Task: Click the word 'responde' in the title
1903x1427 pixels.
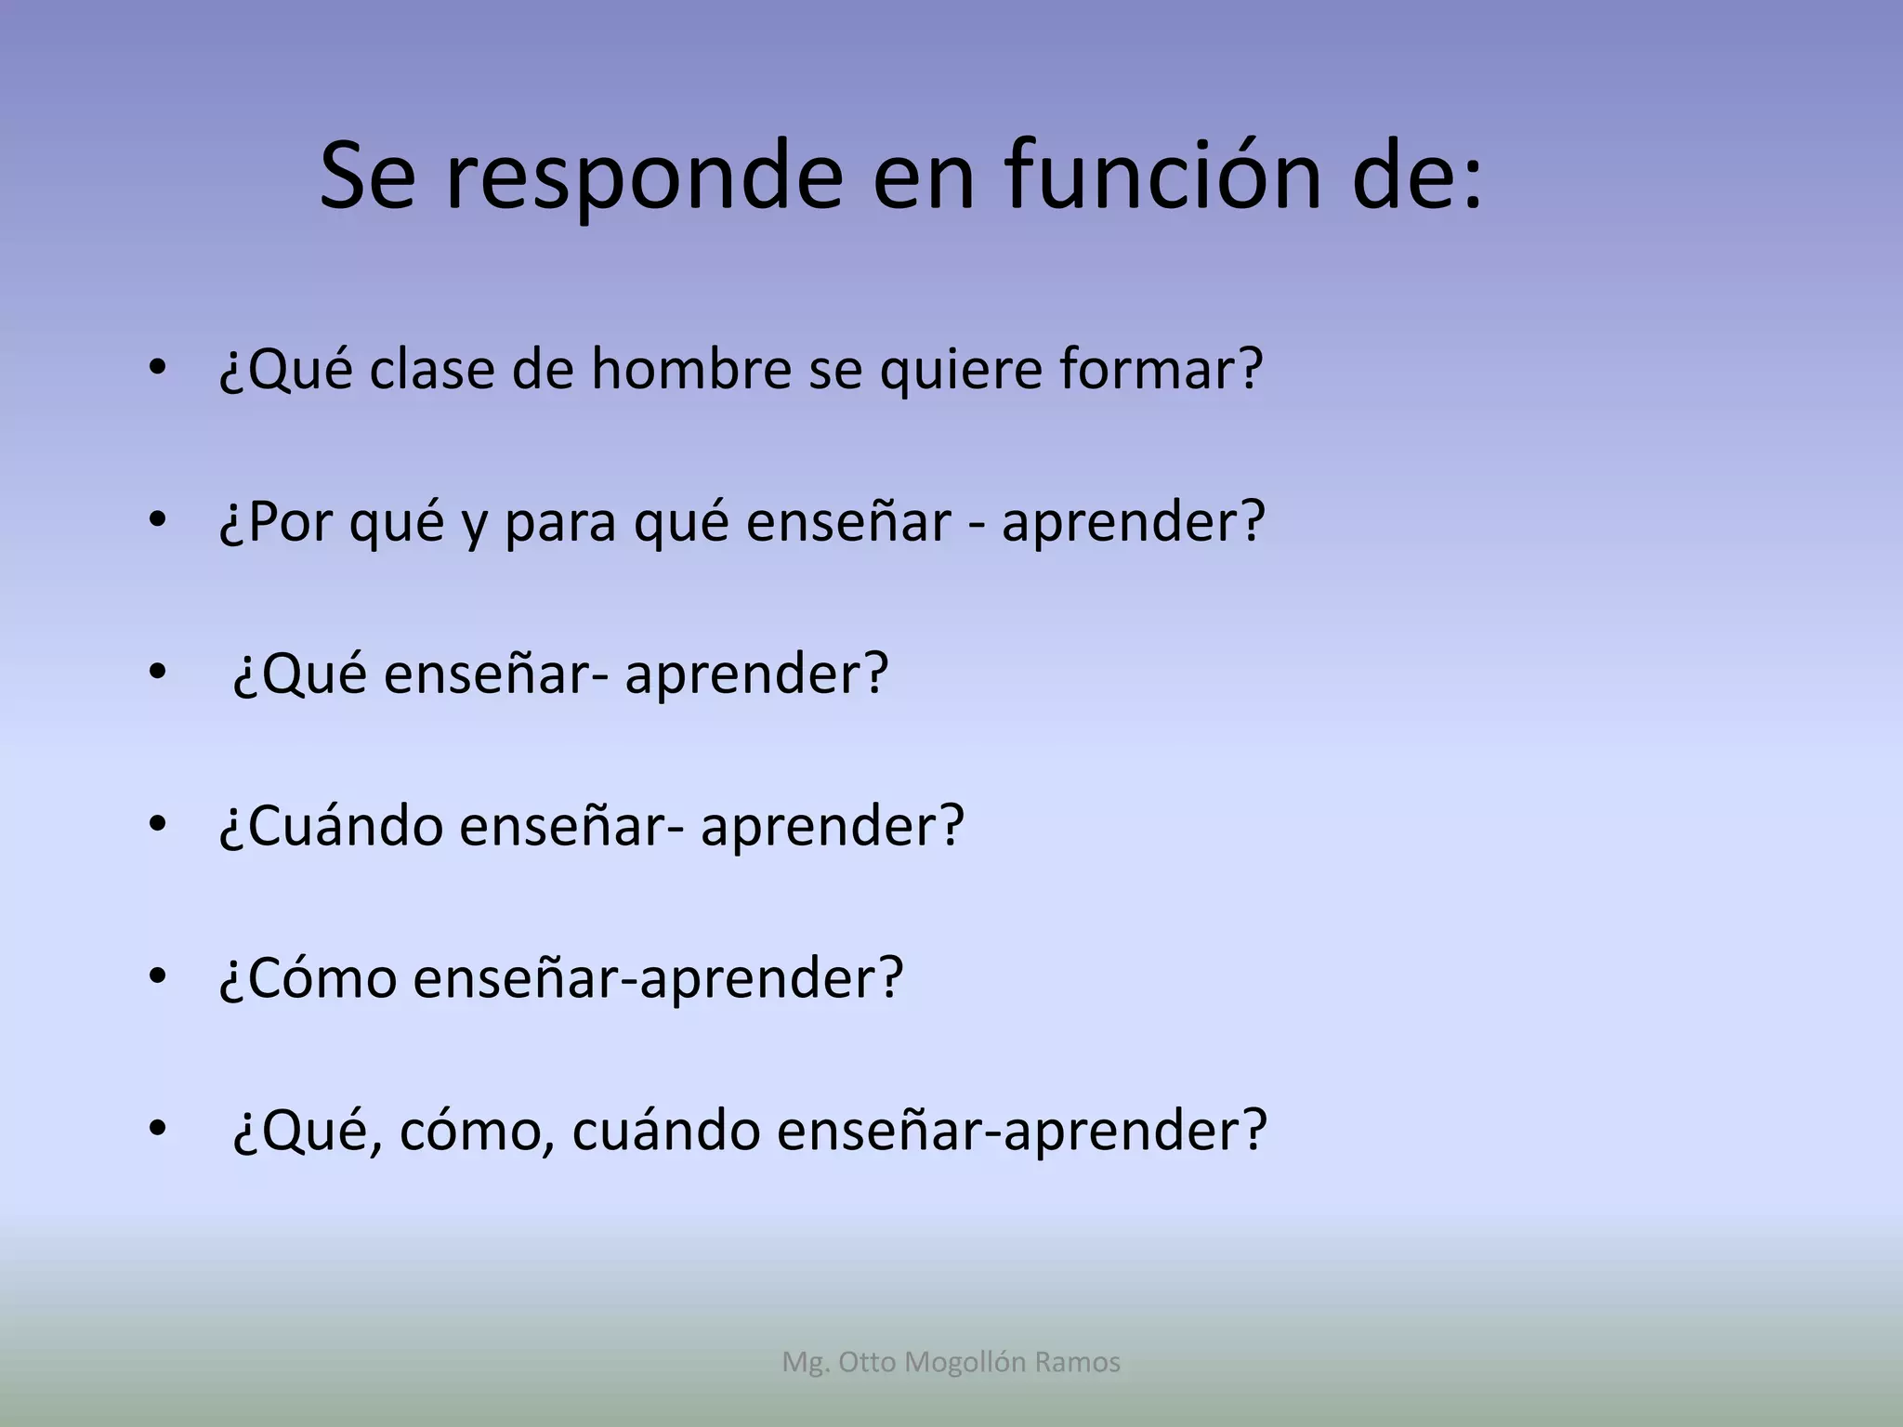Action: pyautogui.click(x=643, y=177)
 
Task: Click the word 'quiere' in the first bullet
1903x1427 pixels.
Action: pyautogui.click(x=961, y=371)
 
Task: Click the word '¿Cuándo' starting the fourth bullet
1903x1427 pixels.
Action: pyautogui.click(x=331, y=826)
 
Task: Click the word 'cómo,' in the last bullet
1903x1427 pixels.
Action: pyautogui.click(x=478, y=1131)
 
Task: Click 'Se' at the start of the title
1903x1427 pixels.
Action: pyautogui.click(x=367, y=177)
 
